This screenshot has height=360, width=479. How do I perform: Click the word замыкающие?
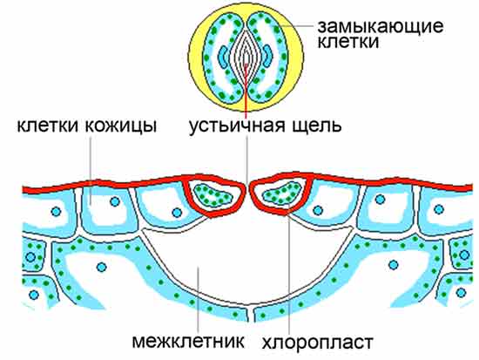[381, 27]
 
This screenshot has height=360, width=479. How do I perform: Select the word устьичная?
[237, 126]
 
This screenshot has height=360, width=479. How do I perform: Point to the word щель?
[316, 126]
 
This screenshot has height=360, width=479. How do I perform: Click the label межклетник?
[188, 341]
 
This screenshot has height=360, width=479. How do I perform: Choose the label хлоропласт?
[317, 342]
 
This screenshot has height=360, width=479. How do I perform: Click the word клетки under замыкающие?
[348, 42]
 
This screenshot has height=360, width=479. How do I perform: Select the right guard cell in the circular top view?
[269, 58]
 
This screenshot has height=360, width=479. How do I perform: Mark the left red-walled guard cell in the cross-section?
[215, 195]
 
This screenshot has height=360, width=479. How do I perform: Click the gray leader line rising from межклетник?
[199, 300]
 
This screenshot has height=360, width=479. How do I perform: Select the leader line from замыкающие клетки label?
[298, 26]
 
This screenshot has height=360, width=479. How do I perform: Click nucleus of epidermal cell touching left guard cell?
[177, 213]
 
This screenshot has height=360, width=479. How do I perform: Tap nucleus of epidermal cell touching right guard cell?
[318, 210]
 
